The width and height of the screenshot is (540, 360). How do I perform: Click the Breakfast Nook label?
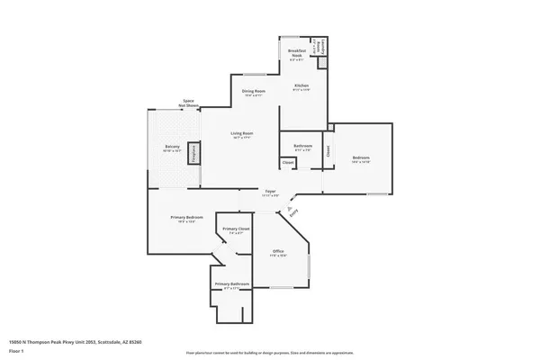coord(298,54)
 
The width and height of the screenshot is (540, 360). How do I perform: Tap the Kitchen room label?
coord(301,86)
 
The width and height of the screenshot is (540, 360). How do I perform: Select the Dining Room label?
coord(253,92)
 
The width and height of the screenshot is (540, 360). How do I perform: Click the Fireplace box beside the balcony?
coord(193,154)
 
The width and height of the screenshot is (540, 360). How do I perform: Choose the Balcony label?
coord(172,147)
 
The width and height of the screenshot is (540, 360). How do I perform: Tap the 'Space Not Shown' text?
coord(189,103)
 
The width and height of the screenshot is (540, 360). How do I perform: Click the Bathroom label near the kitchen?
coord(302,146)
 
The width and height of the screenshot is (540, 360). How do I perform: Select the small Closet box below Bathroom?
coord(287,163)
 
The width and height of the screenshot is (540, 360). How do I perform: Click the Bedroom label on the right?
coord(362,158)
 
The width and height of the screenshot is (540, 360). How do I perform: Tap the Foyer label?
coord(269,191)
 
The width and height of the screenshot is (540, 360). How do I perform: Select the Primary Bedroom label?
coord(187,218)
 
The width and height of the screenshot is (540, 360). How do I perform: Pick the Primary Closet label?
coord(236,229)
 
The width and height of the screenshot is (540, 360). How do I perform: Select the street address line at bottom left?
coord(76,341)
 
